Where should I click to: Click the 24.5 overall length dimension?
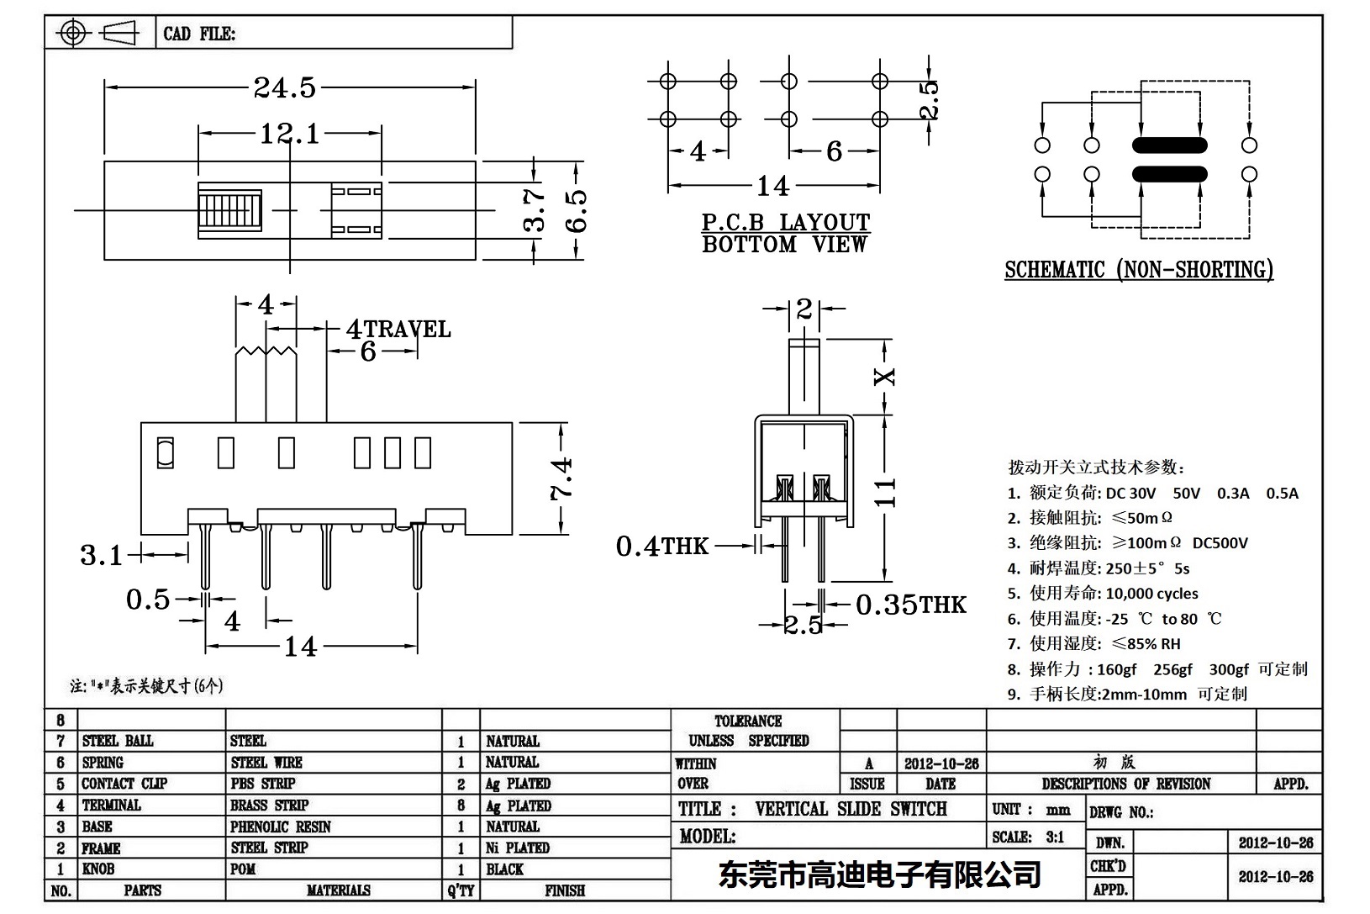click(x=285, y=87)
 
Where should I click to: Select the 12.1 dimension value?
click(x=289, y=133)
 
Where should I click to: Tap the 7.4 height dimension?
click(x=561, y=478)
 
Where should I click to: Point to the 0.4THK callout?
click(x=662, y=547)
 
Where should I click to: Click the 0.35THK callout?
click(x=911, y=605)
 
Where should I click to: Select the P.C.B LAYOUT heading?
click(x=786, y=223)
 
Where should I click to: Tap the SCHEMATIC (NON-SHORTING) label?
click(x=1139, y=270)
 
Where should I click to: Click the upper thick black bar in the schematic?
click(x=1169, y=145)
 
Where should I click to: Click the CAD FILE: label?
click(x=199, y=34)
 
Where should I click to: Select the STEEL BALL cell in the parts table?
click(x=118, y=741)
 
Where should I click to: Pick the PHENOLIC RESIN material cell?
click(x=281, y=827)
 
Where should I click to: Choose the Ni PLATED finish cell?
click(x=518, y=848)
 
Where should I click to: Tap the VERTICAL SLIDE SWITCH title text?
click(x=851, y=809)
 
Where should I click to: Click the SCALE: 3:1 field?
click(x=1028, y=837)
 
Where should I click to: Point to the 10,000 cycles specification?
click(x=1151, y=594)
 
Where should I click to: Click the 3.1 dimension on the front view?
click(x=101, y=555)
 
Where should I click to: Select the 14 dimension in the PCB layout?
click(x=772, y=185)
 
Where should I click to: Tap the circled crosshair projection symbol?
click(x=73, y=34)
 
